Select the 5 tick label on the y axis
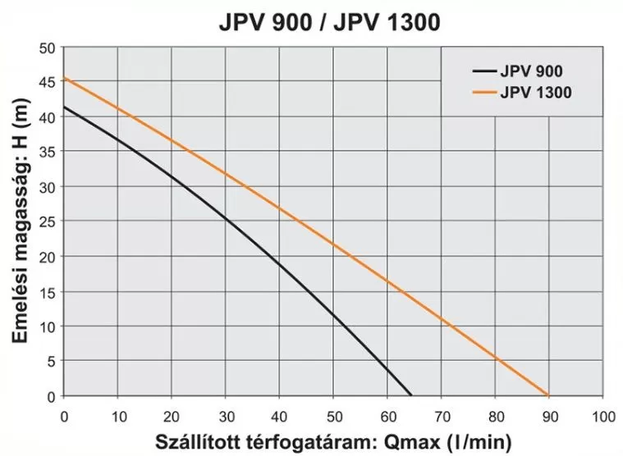51,362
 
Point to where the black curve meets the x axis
410,395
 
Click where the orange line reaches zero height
547,395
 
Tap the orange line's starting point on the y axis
65,79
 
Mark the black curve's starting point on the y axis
65,107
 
